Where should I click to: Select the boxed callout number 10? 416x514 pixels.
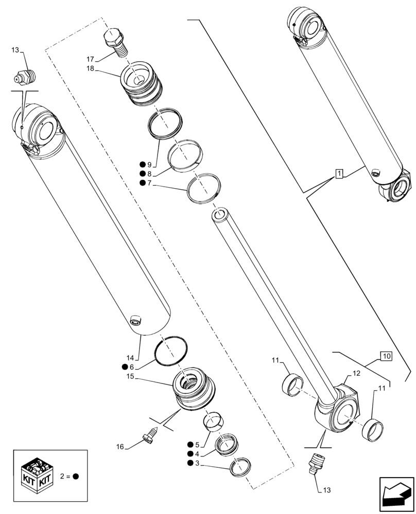[387, 356]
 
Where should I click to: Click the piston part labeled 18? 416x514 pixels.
[142, 84]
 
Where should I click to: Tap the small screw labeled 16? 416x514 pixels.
[149, 436]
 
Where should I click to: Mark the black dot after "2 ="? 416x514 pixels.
[76, 476]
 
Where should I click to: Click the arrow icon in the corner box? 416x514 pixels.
[396, 494]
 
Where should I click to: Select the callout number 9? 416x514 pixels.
[149, 164]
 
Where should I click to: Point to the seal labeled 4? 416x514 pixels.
[226, 443]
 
